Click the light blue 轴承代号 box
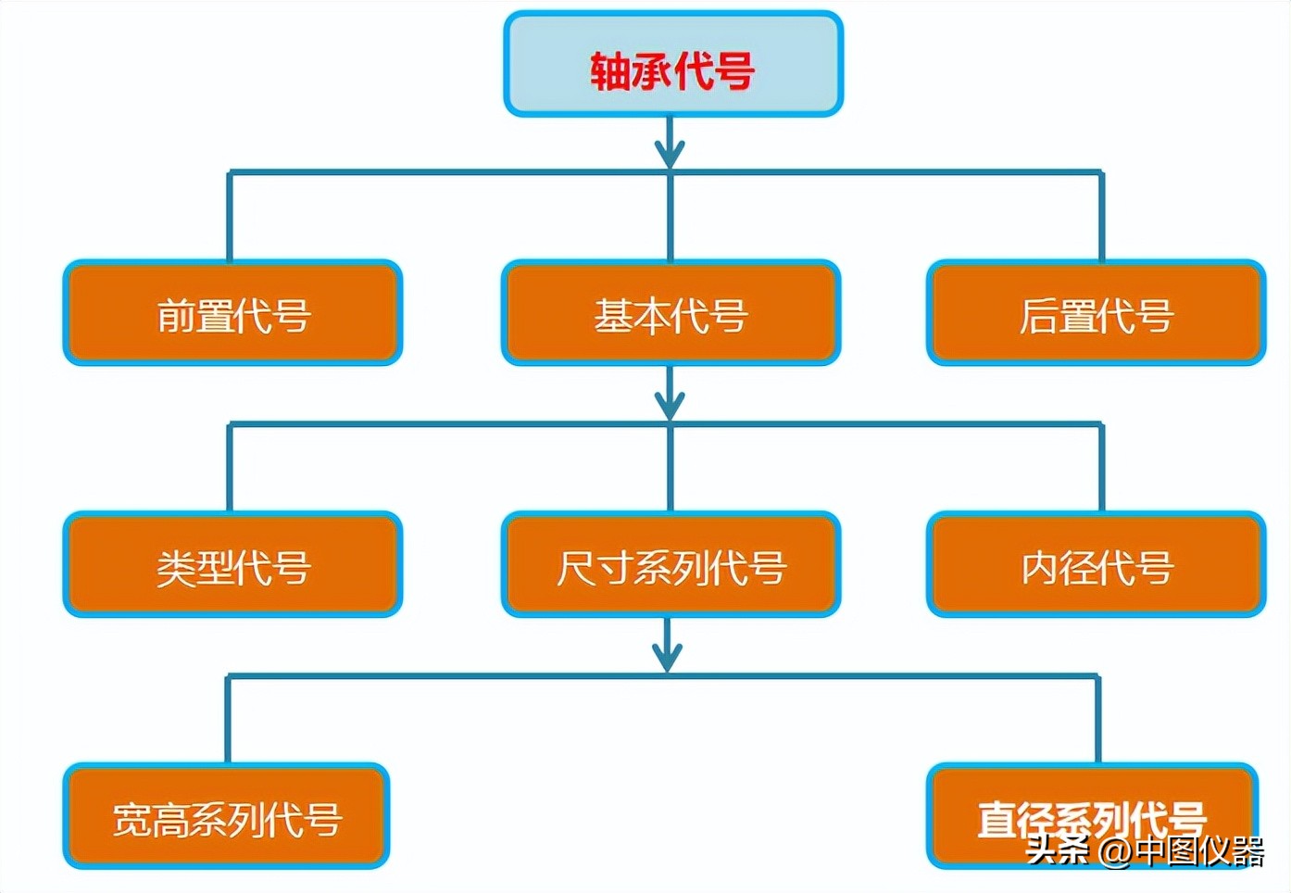[x=673, y=64]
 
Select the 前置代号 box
[x=232, y=313]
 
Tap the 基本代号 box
[x=671, y=313]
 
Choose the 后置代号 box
[x=1096, y=313]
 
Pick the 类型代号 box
[x=232, y=565]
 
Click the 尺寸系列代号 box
[x=671, y=565]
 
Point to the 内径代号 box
[x=1096, y=565]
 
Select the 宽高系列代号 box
[x=227, y=816]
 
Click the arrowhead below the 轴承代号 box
[x=670, y=153]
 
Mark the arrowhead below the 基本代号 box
[x=670, y=405]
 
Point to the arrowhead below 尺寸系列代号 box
[x=668, y=656]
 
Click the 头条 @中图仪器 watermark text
[x=1145, y=850]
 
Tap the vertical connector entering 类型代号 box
[x=230, y=468]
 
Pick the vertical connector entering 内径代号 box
[x=1101, y=468]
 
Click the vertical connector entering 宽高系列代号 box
[x=227, y=720]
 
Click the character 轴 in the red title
[x=610, y=71]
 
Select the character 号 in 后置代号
[x=1155, y=315]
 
